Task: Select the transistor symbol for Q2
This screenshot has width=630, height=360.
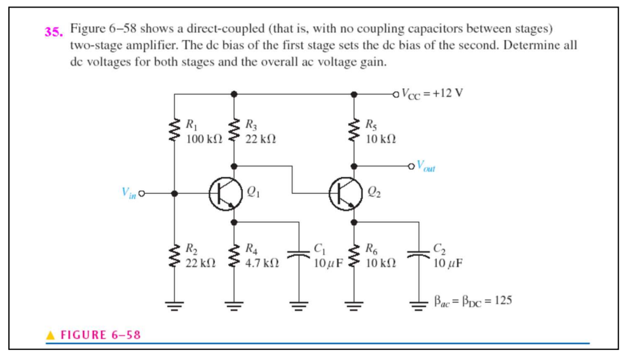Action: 344,192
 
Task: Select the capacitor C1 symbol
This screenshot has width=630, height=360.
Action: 297,254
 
